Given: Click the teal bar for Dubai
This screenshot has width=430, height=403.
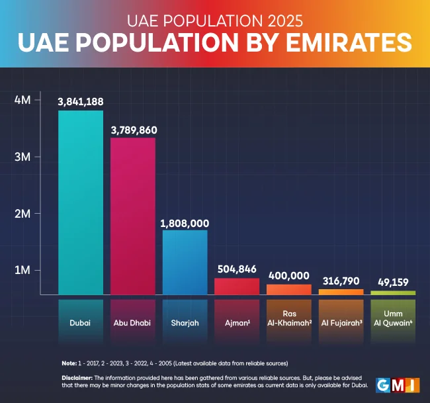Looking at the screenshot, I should click(x=81, y=202).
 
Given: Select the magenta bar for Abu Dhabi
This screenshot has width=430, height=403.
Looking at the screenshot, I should click(x=132, y=216).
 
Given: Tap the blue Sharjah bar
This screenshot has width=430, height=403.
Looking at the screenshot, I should click(x=185, y=262).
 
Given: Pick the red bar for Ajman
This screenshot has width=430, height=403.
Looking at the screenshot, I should click(x=237, y=287).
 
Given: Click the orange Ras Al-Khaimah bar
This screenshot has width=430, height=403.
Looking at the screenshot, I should click(x=288, y=289).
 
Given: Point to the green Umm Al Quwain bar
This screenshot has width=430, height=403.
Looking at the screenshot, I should click(x=393, y=292).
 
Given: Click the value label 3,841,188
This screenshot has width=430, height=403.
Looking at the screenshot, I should click(x=81, y=101).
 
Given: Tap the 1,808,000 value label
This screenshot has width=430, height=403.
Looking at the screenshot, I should click(x=185, y=222).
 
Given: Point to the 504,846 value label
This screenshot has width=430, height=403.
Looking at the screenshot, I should click(x=237, y=269).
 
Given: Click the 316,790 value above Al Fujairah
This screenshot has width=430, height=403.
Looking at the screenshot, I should click(x=341, y=281).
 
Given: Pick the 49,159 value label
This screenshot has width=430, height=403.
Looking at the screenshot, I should click(x=393, y=282).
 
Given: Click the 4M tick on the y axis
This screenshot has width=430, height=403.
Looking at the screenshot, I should click(x=22, y=100).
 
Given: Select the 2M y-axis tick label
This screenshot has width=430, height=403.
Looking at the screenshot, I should click(x=22, y=214).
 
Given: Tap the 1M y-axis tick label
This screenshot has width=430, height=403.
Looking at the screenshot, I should click(x=22, y=271).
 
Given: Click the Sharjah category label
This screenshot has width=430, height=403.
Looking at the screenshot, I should click(x=185, y=324).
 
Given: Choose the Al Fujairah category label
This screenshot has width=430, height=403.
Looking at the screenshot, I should click(x=341, y=324).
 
